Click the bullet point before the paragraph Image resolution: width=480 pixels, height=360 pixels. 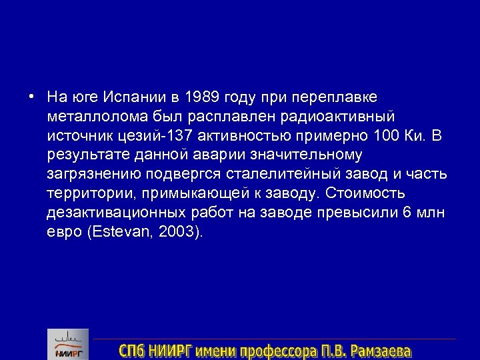pos(32,97)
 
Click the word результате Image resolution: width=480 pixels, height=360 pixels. pos(80,155)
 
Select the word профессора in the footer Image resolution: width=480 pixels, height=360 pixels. pos(274,350)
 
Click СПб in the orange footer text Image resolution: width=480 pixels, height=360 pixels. pos(134,350)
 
